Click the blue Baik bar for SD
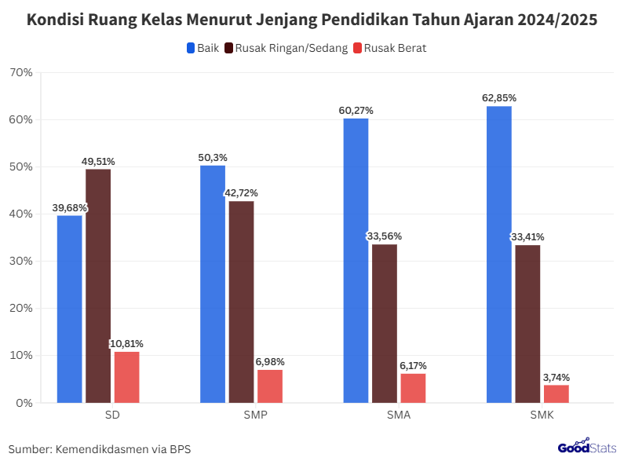click(x=69, y=309)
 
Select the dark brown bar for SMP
click(x=241, y=302)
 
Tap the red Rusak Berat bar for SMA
click(x=413, y=388)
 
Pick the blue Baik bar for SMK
click(x=498, y=254)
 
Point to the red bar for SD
click(x=126, y=377)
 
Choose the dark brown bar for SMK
click(x=527, y=324)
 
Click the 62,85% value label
click(x=499, y=98)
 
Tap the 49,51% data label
click(x=98, y=161)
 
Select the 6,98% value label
click(x=270, y=362)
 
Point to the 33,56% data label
click(x=385, y=236)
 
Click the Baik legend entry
click(x=203, y=48)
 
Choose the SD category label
click(x=111, y=415)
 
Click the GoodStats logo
click(x=586, y=448)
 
